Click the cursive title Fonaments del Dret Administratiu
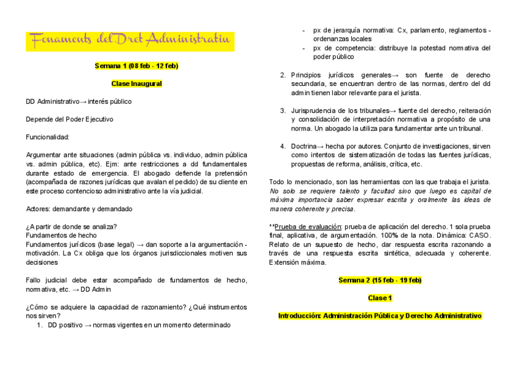click(x=129, y=40)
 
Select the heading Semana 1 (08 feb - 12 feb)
click(x=136, y=66)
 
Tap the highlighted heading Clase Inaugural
click(x=136, y=83)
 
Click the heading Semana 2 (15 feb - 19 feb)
click(x=380, y=281)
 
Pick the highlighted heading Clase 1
click(x=380, y=298)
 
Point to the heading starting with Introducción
click(x=380, y=316)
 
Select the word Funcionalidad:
click(x=48, y=137)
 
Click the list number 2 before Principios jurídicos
click(x=283, y=75)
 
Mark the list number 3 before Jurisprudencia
click(x=283, y=110)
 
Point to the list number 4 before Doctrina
click(x=283, y=146)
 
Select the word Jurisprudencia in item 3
click(x=316, y=110)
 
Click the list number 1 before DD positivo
click(x=40, y=325)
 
